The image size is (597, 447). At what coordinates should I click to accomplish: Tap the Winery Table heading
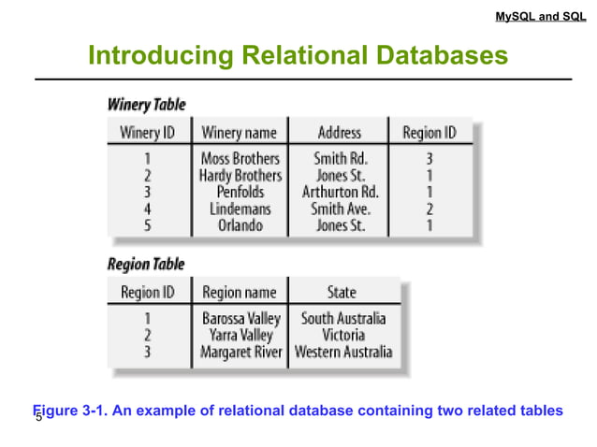(147, 104)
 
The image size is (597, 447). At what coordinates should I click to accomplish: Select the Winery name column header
(240, 132)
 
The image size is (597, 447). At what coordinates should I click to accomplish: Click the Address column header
(339, 132)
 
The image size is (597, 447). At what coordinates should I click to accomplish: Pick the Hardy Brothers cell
(240, 175)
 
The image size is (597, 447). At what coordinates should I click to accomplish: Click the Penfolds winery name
(240, 192)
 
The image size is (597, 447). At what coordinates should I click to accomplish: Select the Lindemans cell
(240, 209)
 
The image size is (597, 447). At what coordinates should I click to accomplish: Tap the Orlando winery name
(240, 225)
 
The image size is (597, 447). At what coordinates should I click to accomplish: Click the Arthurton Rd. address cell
(339, 192)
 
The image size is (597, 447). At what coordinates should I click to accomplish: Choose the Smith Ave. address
(339, 209)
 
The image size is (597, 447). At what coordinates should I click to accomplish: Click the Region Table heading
(146, 264)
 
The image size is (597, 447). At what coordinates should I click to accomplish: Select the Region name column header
(240, 292)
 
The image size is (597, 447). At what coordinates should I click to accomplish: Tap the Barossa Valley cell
(240, 318)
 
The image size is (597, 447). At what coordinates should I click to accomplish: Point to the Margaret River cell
(240, 353)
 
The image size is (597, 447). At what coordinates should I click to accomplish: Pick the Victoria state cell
(342, 335)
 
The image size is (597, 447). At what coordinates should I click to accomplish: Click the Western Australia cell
(343, 353)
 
